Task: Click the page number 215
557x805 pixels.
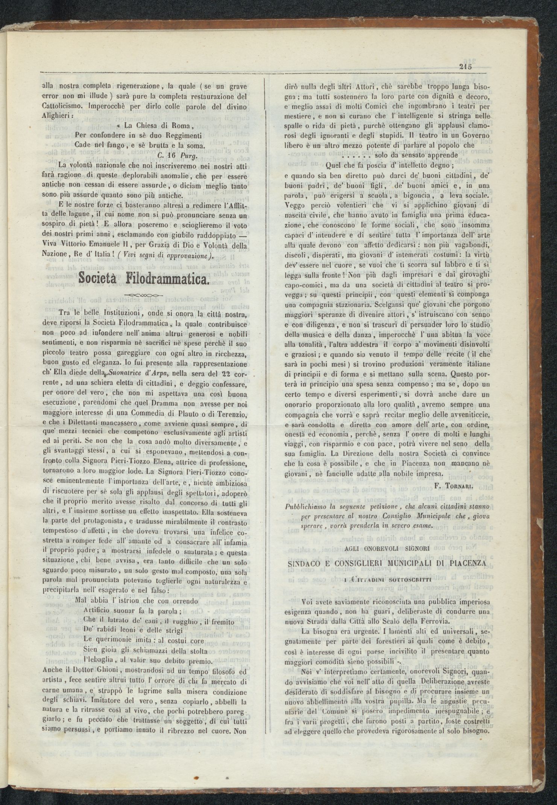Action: click(465, 67)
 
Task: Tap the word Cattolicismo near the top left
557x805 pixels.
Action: click(62, 106)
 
